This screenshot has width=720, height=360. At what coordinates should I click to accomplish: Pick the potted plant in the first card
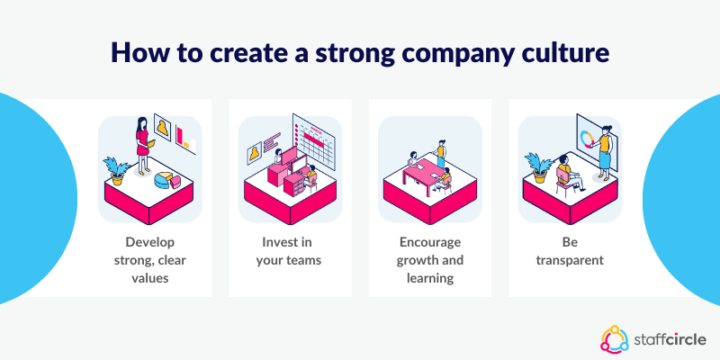[x=116, y=169]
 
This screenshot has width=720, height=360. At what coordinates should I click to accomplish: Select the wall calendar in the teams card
[x=314, y=139]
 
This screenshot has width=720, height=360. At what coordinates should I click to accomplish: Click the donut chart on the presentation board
[x=589, y=139]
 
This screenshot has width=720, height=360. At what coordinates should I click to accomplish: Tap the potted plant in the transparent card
[x=538, y=167]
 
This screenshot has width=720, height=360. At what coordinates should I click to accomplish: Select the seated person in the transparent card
[x=566, y=172]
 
